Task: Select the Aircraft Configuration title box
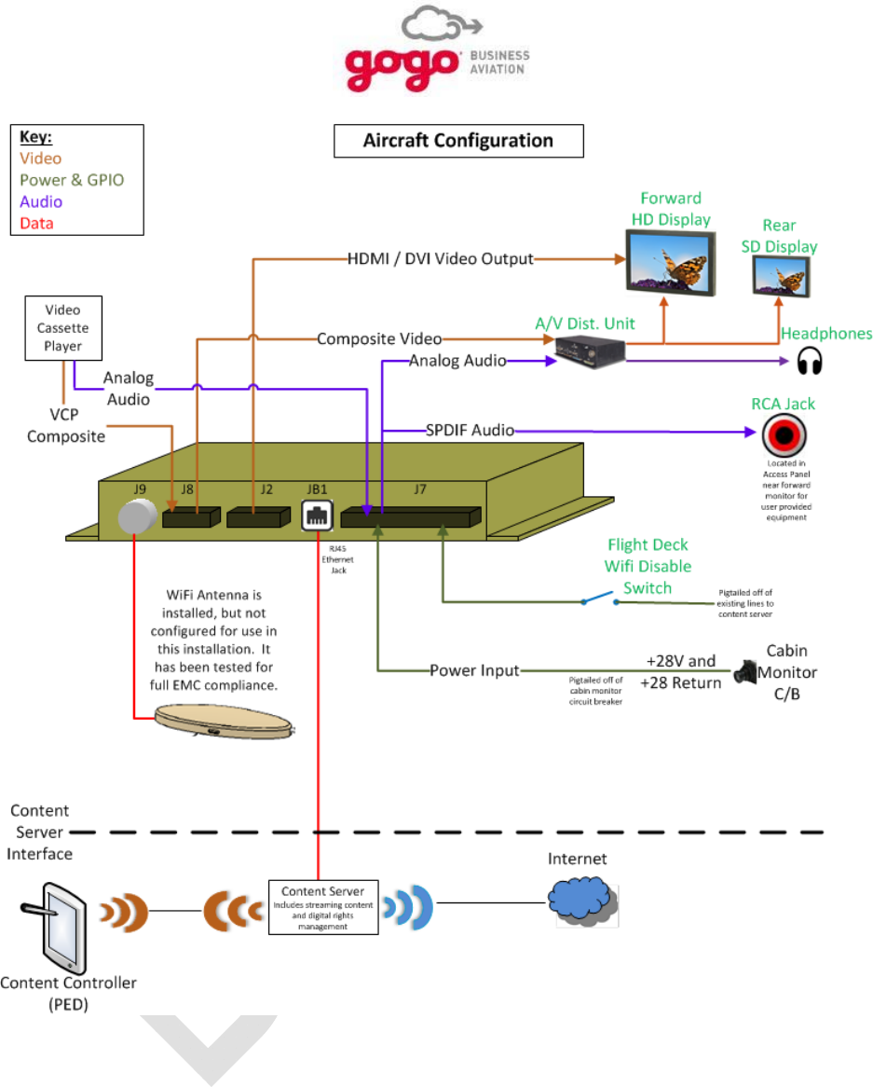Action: coord(458,142)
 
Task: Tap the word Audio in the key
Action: coord(41,201)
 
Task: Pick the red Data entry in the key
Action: coord(36,223)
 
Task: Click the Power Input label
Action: coord(474,670)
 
